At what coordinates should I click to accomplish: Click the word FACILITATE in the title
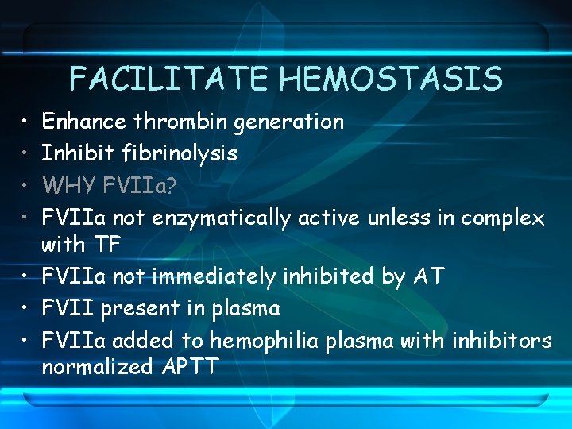[170, 79]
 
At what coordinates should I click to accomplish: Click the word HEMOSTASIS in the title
[392, 79]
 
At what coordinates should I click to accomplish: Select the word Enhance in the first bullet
[83, 122]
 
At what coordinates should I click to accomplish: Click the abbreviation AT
[429, 276]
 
